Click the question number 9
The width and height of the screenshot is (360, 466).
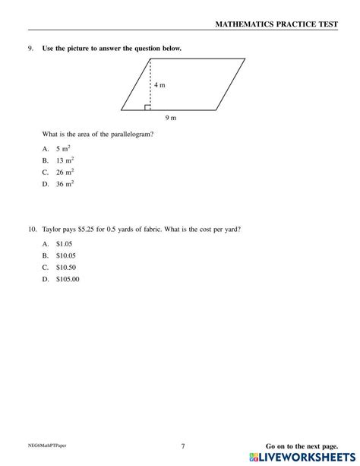[30, 49]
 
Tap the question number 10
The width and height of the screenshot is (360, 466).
[32, 229]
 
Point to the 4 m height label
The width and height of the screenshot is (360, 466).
[159, 85]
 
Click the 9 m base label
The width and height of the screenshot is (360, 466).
[171, 118]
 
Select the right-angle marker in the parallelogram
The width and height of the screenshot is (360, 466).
[147, 108]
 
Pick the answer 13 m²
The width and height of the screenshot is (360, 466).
[65, 160]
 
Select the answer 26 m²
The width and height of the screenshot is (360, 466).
[65, 172]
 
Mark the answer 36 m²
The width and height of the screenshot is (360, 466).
[65, 183]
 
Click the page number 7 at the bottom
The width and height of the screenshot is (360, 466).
[183, 446]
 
